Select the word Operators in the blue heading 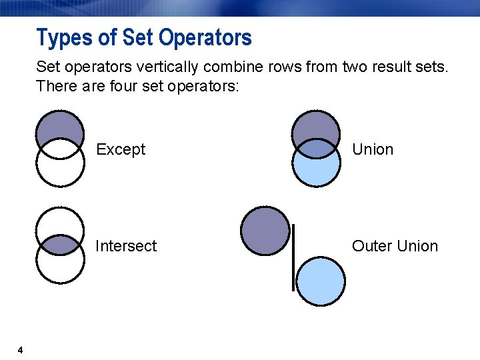(205, 37)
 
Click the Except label (120, 149)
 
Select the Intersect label (126, 246)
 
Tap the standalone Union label (373, 149)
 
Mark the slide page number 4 (21, 351)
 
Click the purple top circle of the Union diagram (317, 123)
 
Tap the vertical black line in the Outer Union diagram (293, 257)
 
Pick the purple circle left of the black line (265, 231)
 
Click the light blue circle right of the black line (321, 281)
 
